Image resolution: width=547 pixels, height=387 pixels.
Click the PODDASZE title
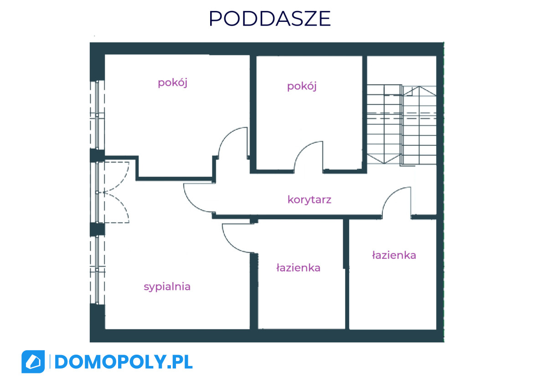(x=269, y=19)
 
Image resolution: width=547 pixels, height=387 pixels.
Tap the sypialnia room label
(x=167, y=287)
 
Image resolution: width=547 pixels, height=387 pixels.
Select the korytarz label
(x=309, y=200)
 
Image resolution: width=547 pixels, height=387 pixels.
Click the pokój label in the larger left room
(x=172, y=83)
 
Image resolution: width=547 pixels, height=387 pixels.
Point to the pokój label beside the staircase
(x=302, y=86)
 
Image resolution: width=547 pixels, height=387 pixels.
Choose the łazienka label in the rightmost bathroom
(x=394, y=255)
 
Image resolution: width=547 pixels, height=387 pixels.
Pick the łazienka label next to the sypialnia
(x=298, y=268)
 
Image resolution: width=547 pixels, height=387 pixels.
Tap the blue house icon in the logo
(x=33, y=361)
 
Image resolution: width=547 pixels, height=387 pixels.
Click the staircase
(x=402, y=124)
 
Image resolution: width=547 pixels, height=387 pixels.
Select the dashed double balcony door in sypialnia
(x=116, y=192)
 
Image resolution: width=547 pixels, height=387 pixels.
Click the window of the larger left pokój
(x=97, y=115)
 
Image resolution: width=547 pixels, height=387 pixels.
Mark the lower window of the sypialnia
(x=97, y=270)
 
